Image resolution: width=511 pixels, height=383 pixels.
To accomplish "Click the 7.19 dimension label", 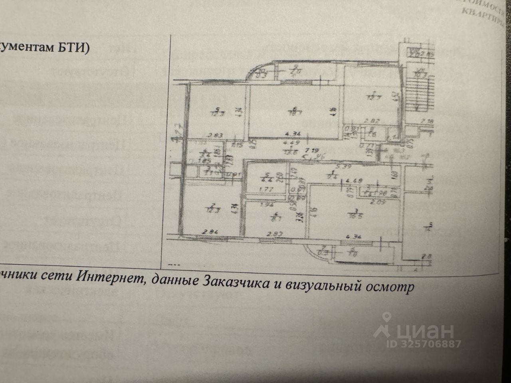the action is [x=309, y=151].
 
